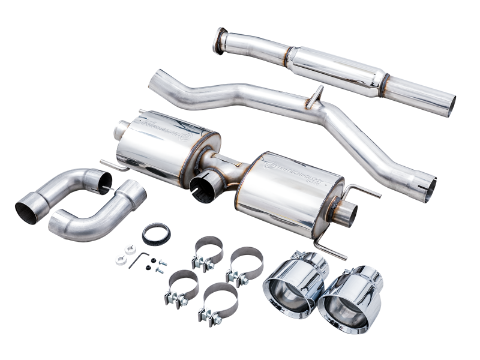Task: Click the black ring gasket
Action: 156,233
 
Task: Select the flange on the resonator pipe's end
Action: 220,40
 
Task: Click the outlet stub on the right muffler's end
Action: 345,213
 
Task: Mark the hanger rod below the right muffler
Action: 329,246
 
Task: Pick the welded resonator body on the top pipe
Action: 336,71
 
